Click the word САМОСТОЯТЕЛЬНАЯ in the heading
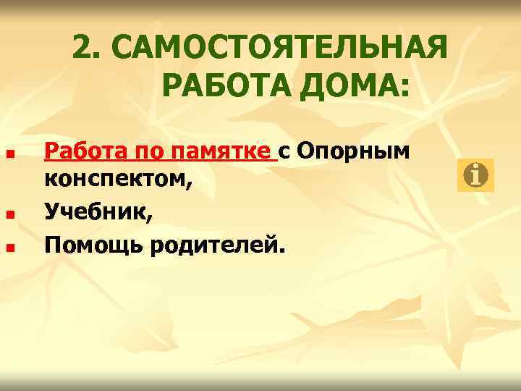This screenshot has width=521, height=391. [x=280, y=49]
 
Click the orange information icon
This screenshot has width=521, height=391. [x=475, y=175]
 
